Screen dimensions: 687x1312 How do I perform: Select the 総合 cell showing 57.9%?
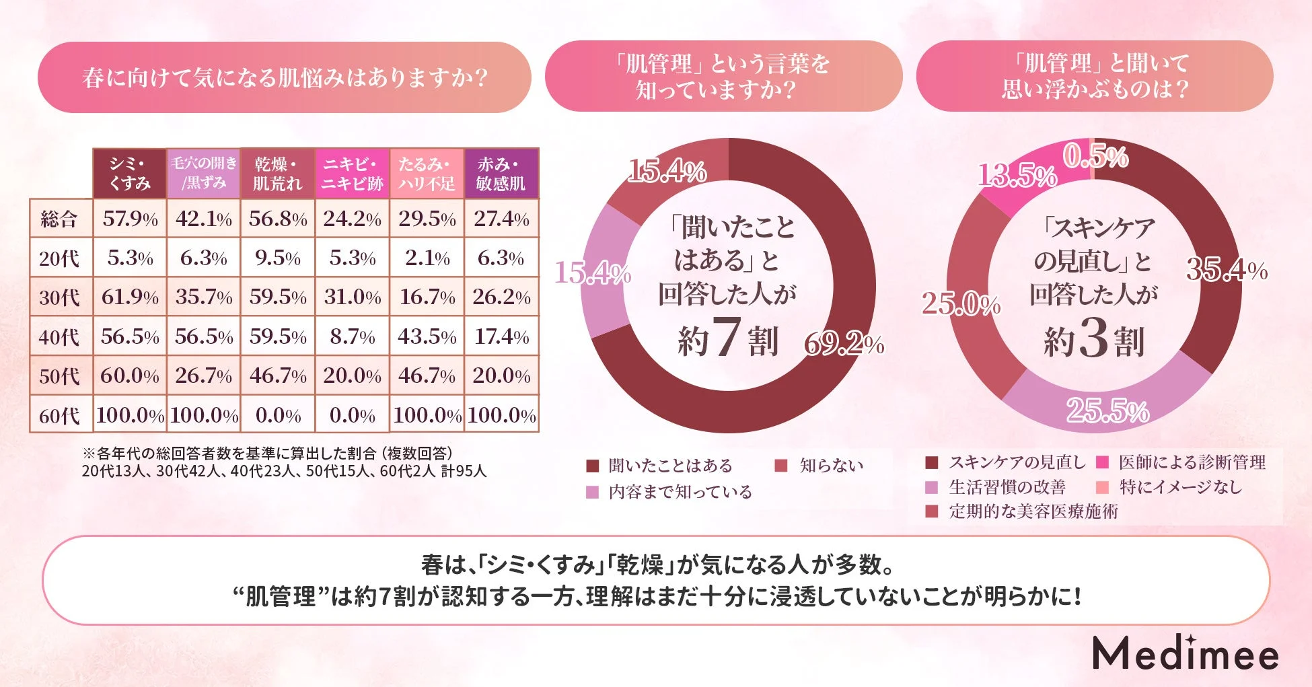130,219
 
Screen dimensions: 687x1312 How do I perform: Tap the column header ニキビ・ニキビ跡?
352,174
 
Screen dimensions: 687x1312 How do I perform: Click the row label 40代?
59,336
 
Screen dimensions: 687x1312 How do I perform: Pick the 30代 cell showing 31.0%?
352,297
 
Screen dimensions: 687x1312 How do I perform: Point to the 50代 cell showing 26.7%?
203,375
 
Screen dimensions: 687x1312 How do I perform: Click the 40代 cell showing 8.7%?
352,336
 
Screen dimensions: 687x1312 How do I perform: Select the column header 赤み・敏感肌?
501,174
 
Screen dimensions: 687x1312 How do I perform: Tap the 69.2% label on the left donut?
844,344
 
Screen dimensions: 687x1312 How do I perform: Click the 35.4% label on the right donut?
1226,270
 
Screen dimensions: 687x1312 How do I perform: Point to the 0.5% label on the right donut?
1095,157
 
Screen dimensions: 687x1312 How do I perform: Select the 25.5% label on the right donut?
1107,410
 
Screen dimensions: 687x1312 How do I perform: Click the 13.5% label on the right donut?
1017,176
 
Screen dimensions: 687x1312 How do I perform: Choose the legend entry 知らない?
830,466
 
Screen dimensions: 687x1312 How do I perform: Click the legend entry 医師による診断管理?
1191,462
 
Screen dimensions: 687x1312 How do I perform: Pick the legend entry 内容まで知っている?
680,492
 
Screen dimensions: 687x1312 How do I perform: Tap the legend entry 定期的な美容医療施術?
1033,511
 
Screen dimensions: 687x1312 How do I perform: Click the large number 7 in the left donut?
727,338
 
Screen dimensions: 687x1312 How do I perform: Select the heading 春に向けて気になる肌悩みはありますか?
285,77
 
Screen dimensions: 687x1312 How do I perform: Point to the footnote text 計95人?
464,471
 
